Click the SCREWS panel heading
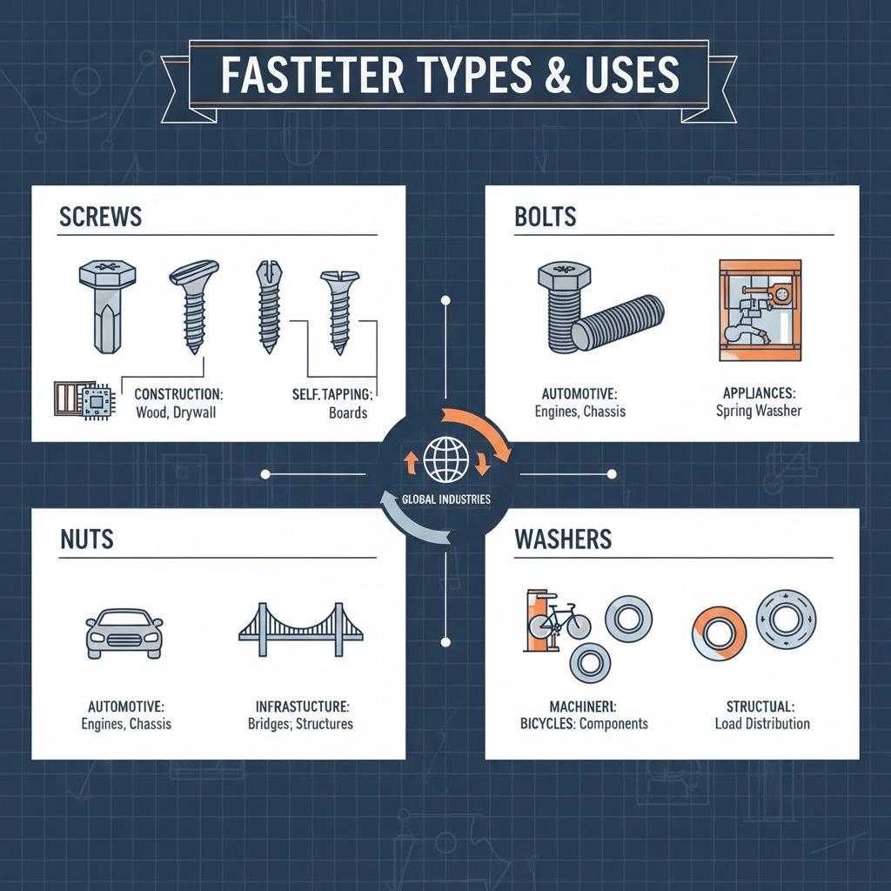100,216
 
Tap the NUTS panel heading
87,539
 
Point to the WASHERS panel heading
563,539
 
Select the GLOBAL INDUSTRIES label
445,499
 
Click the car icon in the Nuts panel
124,633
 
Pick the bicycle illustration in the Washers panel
559,622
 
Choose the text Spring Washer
759,411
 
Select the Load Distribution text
761,723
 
